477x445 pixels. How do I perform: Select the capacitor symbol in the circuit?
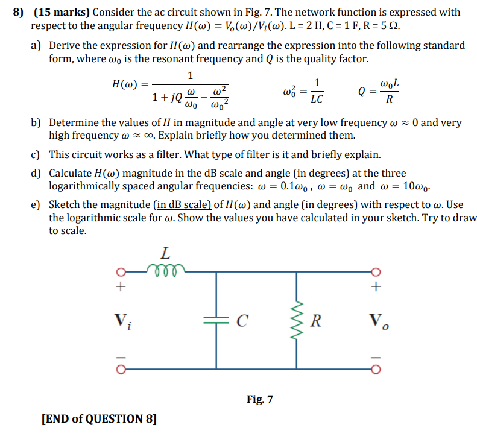215,320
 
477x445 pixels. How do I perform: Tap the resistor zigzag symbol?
296,320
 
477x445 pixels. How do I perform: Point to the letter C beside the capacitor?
241,320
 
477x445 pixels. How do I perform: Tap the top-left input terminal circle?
121,271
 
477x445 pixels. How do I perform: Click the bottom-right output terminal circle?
376,368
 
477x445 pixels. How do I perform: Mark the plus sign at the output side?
376,287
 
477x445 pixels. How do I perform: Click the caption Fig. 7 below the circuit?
260,399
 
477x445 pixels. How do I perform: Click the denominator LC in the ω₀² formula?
317,99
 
